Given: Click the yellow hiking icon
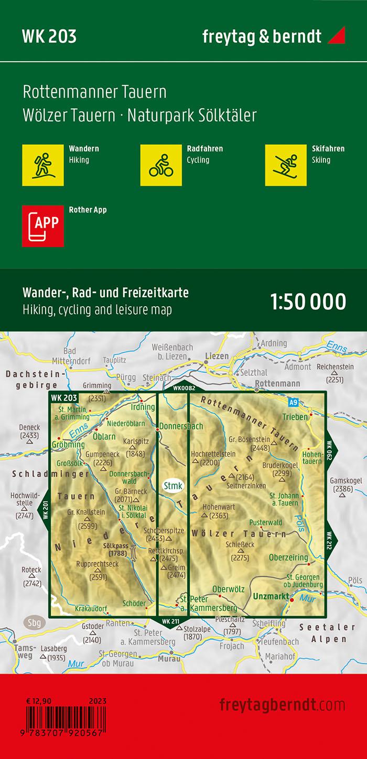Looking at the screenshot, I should click(42, 164).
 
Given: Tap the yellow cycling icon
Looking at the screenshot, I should click(160, 164).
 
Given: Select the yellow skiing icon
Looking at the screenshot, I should click(286, 164).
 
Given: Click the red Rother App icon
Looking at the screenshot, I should click(42, 226).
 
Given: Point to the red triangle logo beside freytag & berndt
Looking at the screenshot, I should click(336, 36).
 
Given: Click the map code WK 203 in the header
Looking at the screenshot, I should click(49, 37).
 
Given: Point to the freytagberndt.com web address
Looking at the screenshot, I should click(282, 704).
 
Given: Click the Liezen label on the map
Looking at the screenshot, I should click(216, 356).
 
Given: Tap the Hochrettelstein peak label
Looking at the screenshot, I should click(213, 454).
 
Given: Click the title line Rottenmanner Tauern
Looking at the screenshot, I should click(95, 92).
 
